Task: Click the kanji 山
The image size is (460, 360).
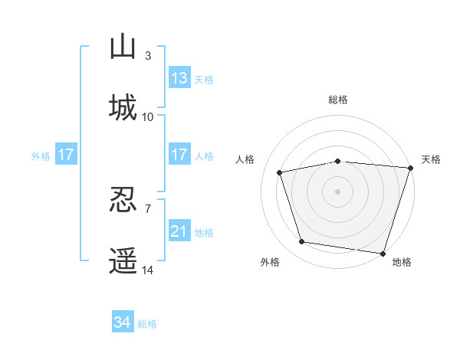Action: (123, 46)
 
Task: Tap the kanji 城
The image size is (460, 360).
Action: (123, 107)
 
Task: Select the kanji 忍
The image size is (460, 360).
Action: (123, 199)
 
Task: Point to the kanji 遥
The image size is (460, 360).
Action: (123, 260)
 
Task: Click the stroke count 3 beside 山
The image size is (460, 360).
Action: (148, 56)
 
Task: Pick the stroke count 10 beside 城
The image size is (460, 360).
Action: (147, 117)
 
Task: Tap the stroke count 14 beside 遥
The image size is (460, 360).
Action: (147, 270)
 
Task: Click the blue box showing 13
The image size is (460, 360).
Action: (179, 77)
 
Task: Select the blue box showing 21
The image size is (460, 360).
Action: (179, 230)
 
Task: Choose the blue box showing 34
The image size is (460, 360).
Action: (123, 321)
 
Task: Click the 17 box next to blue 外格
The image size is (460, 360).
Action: (66, 154)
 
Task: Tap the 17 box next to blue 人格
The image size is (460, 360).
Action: (179, 154)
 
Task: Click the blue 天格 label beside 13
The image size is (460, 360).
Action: (204, 80)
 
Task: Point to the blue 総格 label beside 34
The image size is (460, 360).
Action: (147, 324)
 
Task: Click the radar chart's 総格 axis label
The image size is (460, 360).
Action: (338, 100)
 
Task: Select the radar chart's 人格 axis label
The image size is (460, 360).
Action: (245, 159)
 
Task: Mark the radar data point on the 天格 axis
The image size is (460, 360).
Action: (411, 168)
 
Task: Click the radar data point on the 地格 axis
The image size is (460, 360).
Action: (383, 254)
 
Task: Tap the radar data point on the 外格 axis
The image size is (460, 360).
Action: (302, 241)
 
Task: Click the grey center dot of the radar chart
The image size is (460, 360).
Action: (337, 191)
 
